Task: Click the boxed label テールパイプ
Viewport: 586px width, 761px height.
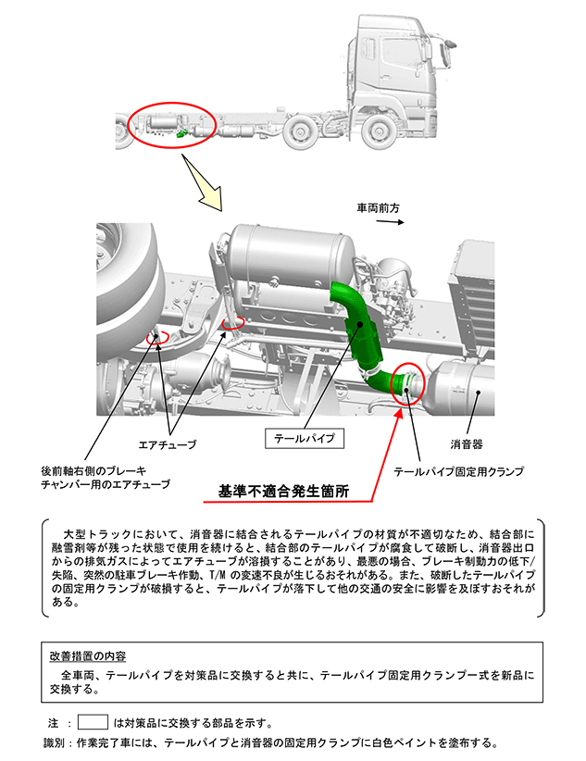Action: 305,438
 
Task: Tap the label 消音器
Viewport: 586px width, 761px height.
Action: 466,443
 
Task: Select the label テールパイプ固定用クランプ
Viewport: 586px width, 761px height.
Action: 458,471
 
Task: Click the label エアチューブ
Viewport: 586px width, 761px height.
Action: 168,444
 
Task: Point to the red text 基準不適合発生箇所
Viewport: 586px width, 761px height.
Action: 283,492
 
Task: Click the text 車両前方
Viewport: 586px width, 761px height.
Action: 379,208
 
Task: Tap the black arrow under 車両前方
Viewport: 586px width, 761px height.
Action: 391,222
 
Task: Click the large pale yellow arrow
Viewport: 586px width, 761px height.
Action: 204,184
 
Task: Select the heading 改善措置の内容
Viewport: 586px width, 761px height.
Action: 88,656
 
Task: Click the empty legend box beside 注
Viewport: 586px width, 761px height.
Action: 93,722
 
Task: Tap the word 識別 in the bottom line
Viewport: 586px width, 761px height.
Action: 54,742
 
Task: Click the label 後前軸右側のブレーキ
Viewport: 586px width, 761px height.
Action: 94,471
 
